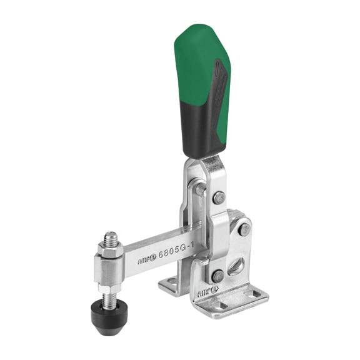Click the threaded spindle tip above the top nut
tap(110, 237)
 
